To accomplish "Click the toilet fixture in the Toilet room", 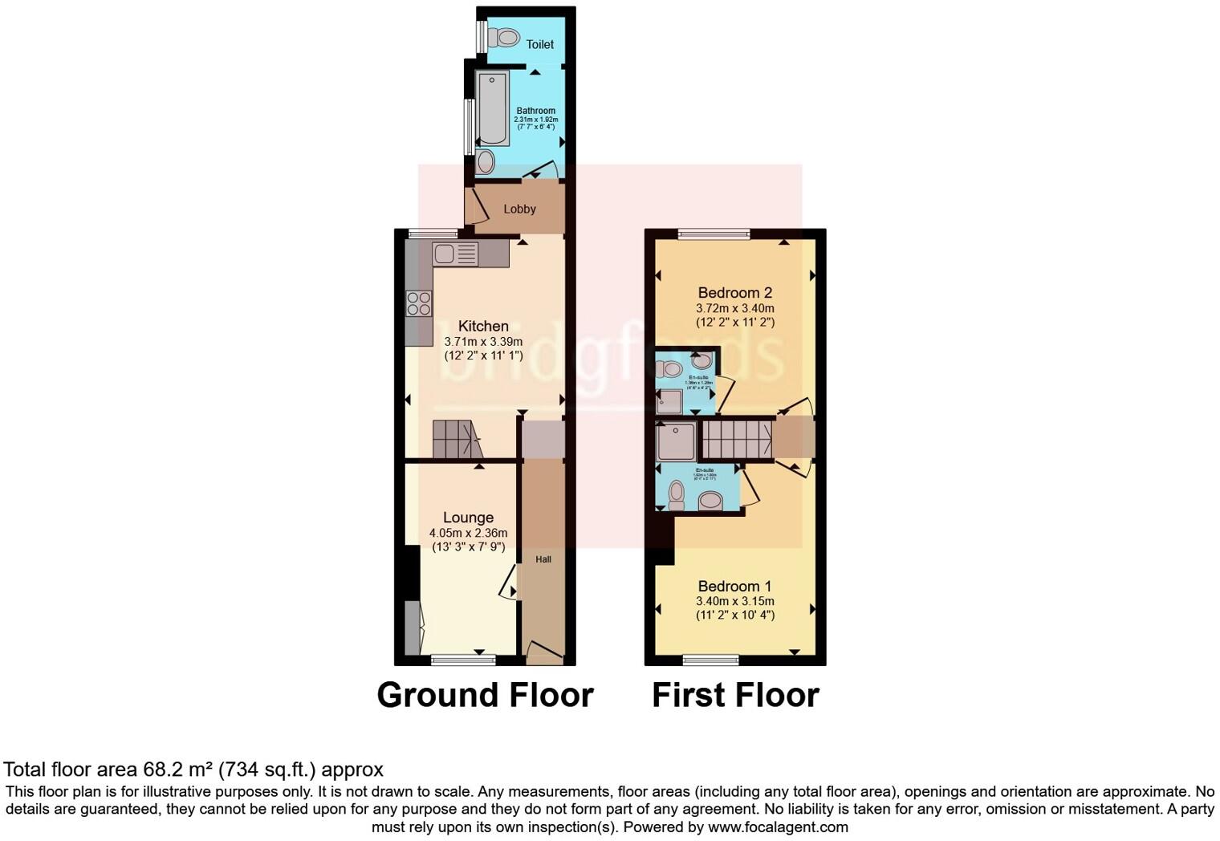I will coord(505,37).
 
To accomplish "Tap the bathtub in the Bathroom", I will coord(491,108).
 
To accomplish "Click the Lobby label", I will coord(519,209).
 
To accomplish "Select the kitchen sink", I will coord(455,254).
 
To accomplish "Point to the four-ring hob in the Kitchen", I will coord(418,303).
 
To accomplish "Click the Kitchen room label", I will coord(483,326).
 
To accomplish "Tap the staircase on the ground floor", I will coord(455,440).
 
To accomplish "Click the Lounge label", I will coord(468,518).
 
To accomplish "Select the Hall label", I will coord(543,559).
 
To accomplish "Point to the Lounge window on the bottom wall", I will coord(463,660).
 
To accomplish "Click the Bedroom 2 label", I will coord(734,292).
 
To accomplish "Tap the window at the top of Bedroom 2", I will coord(714,234).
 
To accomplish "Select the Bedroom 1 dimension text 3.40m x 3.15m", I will coord(734,601).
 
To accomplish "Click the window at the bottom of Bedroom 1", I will coord(710,660).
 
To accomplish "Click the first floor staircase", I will coord(737,440).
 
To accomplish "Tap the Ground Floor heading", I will coord(485,695).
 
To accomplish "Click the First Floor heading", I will coord(735,695).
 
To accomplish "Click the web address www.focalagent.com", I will coord(778,827).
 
